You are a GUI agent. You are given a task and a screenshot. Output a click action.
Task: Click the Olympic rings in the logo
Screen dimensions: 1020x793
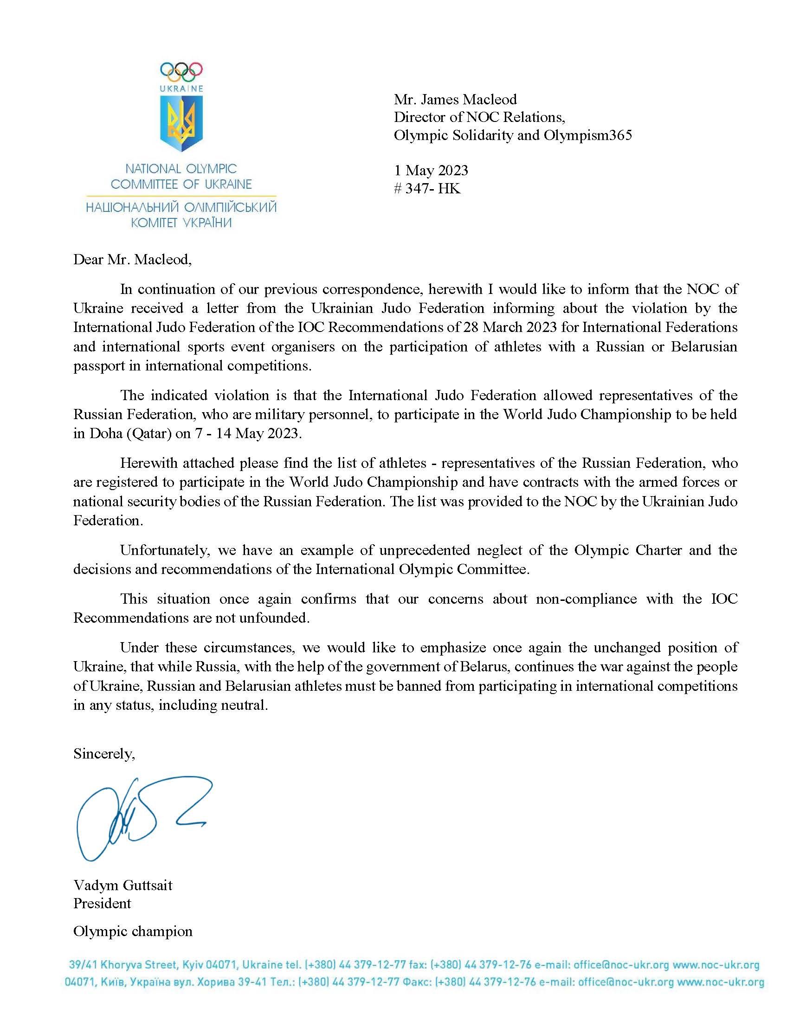click(181, 70)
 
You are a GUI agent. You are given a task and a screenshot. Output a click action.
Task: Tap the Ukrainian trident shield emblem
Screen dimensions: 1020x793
click(181, 123)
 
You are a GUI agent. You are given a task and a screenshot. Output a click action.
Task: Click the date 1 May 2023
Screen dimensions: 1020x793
click(431, 171)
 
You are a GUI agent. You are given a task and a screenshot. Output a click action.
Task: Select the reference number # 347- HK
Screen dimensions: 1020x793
click(427, 189)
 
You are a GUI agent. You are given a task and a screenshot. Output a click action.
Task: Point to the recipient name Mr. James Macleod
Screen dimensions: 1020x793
click(455, 100)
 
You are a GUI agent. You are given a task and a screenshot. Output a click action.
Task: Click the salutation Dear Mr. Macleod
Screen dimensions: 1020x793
click(132, 260)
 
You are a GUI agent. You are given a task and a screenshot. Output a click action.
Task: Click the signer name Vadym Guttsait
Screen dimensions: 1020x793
click(123, 885)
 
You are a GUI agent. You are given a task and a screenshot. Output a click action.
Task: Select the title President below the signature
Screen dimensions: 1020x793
click(102, 903)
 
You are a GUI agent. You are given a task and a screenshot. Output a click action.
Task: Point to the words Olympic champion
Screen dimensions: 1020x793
click(133, 931)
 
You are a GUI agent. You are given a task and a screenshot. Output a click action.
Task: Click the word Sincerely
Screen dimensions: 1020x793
click(104, 754)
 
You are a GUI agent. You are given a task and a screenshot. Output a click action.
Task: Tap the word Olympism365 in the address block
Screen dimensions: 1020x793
click(587, 135)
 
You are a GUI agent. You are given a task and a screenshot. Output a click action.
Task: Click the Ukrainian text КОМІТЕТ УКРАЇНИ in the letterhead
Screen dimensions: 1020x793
click(181, 223)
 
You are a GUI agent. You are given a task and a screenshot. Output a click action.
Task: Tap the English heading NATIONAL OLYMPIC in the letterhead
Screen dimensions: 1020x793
click(181, 169)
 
